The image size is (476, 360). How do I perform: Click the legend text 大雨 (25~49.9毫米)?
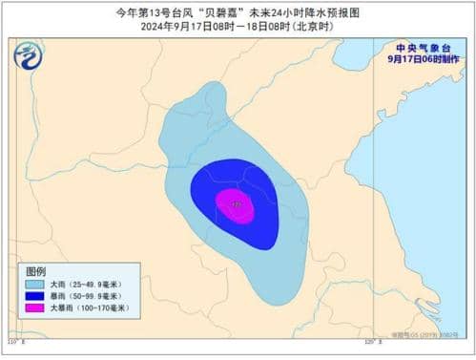coord(92,285)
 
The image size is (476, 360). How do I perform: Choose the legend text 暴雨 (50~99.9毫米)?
coord(92,297)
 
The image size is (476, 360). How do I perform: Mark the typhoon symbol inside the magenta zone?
coord(237,202)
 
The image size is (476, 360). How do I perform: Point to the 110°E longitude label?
coord(14,340)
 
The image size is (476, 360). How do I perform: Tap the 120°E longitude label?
coord(373,340)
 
